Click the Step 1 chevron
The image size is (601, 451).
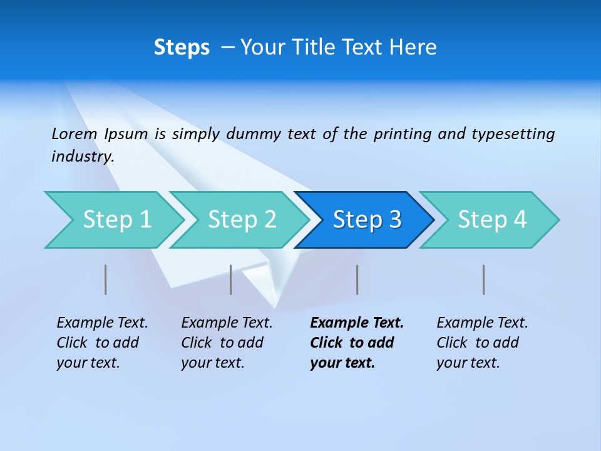116,220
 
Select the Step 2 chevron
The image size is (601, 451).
241,220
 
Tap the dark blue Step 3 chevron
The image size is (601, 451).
366,220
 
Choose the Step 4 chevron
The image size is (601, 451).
491,220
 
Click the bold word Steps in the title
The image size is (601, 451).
182,48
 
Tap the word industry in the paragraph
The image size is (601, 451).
82,157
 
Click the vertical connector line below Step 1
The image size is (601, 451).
105,279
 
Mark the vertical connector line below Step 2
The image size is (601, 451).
231,279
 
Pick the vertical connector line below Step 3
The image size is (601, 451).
357,279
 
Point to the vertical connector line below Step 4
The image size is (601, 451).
483,279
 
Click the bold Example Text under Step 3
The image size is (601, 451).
357,323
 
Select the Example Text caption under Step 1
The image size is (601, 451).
102,323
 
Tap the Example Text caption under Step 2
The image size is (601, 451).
227,323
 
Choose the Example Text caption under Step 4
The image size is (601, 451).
482,323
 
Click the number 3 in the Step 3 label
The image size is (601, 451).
394,220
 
